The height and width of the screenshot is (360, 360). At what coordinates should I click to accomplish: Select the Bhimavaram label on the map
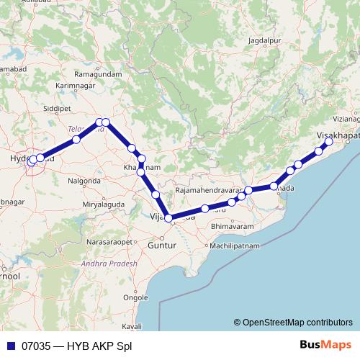234,226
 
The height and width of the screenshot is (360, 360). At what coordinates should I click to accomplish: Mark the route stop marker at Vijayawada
168,217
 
